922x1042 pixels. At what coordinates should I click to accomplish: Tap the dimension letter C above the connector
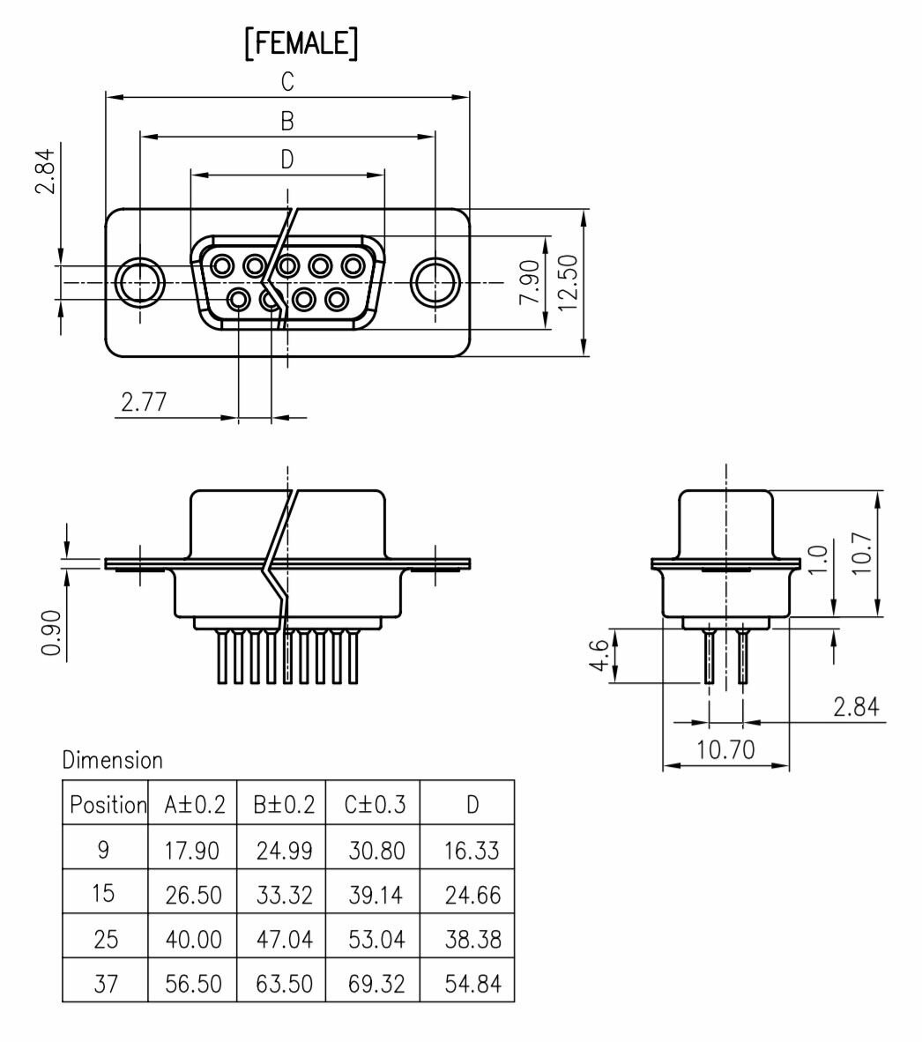287,82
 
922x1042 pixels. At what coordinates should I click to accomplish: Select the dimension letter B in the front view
287,122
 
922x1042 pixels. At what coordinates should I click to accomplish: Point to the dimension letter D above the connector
287,160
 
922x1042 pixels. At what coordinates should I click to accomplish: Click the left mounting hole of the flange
139,283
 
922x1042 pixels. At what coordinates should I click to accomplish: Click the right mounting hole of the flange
435,283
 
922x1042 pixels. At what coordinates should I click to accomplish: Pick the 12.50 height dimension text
567,282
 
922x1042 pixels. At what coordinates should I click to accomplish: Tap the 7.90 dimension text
530,282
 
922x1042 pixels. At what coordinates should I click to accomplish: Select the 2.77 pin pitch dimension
144,403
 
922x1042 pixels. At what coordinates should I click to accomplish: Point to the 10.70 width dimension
725,750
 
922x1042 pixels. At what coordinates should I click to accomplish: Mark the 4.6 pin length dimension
597,655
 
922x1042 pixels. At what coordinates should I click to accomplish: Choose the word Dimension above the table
113,759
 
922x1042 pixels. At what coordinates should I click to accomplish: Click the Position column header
107,804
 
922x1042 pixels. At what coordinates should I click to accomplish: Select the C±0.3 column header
375,804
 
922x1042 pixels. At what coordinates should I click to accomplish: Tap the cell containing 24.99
284,851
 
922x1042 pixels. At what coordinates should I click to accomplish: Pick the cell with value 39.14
375,896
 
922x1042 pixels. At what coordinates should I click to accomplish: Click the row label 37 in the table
105,983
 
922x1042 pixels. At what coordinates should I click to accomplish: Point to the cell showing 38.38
472,940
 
